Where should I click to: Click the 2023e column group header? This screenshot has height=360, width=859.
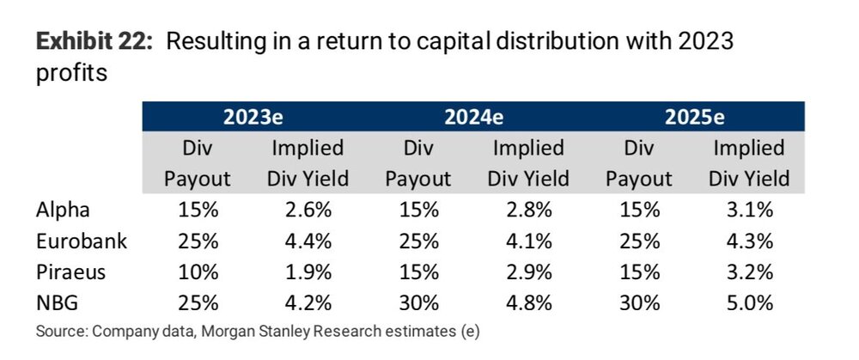tap(253, 117)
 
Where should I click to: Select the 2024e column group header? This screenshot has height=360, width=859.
tap(473, 117)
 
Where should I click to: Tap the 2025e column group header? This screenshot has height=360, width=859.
tap(694, 117)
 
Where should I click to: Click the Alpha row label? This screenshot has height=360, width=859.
tap(63, 210)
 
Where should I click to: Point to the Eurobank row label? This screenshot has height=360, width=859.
tap(81, 241)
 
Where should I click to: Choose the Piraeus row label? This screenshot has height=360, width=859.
tap(70, 272)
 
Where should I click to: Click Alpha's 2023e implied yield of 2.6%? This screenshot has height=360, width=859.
tap(308, 210)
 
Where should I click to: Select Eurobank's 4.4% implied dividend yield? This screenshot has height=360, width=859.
tap(308, 241)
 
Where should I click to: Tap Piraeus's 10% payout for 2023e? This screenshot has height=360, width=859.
tap(198, 272)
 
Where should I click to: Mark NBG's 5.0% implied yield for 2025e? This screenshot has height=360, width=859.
tap(749, 303)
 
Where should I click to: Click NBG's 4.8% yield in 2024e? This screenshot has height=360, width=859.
tap(528, 303)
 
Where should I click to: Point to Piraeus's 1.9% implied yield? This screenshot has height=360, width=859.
tap(308, 272)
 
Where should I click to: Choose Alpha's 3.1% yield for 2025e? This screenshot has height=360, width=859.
tap(749, 210)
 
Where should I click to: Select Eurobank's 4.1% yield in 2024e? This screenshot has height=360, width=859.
tap(528, 241)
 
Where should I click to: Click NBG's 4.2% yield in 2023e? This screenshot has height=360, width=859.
tap(308, 303)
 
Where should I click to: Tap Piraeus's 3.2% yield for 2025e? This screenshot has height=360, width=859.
tap(749, 272)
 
